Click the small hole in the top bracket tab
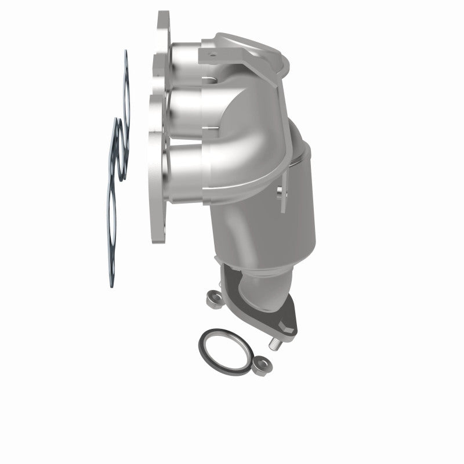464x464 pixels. point(212,56)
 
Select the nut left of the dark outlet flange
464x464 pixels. point(213,298)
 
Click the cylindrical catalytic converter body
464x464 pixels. point(273,232)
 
